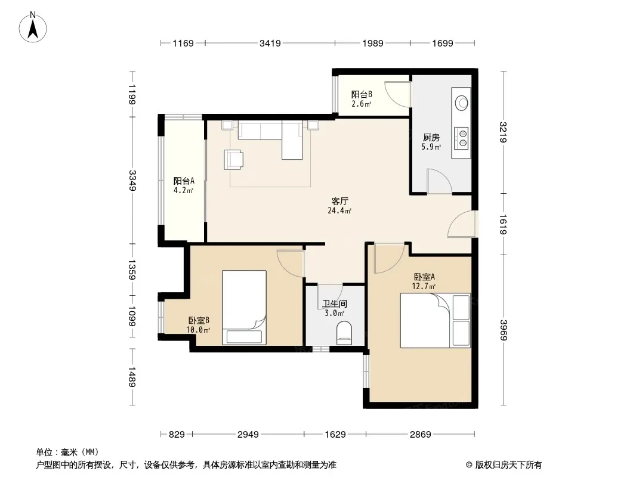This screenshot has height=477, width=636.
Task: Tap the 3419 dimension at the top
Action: pyautogui.click(x=270, y=43)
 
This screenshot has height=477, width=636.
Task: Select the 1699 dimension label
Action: pyautogui.click(x=443, y=43)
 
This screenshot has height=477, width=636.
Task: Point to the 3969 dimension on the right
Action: pyautogui.click(x=504, y=330)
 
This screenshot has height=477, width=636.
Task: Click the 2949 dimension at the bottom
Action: pyautogui.click(x=248, y=435)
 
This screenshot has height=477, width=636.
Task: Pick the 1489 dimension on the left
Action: pyautogui.click(x=132, y=377)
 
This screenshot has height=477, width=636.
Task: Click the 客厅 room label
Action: pyautogui.click(x=340, y=201)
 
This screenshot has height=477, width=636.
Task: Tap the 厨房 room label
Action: pyautogui.click(x=431, y=138)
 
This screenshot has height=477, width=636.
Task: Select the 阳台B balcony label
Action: pyautogui.click(x=362, y=94)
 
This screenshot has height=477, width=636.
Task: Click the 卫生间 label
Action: pyautogui.click(x=335, y=303)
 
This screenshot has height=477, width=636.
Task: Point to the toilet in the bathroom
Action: pyautogui.click(x=344, y=333)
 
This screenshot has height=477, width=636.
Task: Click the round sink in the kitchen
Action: pyautogui.click(x=462, y=103)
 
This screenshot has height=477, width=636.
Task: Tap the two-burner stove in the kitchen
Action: pyautogui.click(x=461, y=137)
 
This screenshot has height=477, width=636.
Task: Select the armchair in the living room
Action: pyautogui.click(x=234, y=159)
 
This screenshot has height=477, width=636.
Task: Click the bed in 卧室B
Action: pyautogui.click(x=244, y=307)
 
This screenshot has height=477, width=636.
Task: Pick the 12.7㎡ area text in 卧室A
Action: pyautogui.click(x=424, y=287)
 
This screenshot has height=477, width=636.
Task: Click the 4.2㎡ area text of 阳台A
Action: pyautogui.click(x=183, y=190)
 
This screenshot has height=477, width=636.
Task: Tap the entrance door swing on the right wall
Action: pyautogui.click(x=462, y=224)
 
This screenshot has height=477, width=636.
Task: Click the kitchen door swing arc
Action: pyautogui.click(x=440, y=181)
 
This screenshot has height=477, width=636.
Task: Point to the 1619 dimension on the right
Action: pyautogui.click(x=504, y=224)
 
